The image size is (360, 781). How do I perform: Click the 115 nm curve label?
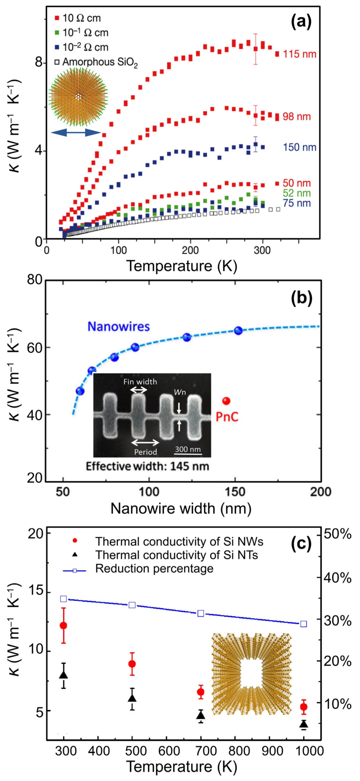pyautogui.click(x=299, y=54)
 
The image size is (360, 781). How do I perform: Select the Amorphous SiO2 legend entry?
pyautogui.click(x=96, y=62)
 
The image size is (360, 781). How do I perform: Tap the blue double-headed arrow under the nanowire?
pyautogui.click(x=76, y=132)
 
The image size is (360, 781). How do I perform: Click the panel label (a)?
pyautogui.click(x=301, y=22)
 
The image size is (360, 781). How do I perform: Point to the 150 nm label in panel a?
pyautogui.click(x=299, y=147)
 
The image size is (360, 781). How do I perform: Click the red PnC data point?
pyautogui.click(x=226, y=401)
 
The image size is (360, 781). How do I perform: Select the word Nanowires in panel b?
pyautogui.click(x=118, y=327)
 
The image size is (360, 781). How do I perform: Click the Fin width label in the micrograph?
pyautogui.click(x=140, y=381)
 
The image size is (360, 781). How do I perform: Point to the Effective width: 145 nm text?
pyautogui.click(x=147, y=466)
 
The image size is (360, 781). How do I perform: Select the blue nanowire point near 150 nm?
pyautogui.click(x=238, y=330)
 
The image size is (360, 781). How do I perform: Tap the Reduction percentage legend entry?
pyautogui.click(x=154, y=569)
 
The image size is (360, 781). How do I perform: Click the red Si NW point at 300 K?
pyautogui.click(x=63, y=625)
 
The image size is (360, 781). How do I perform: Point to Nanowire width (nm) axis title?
pyautogui.click(x=181, y=509)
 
